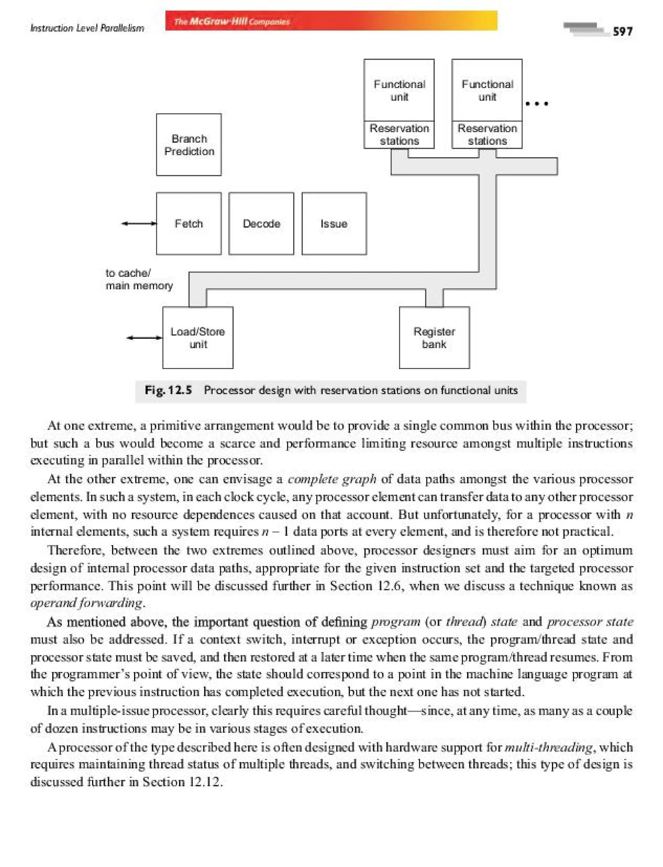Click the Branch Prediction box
189,144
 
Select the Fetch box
189,224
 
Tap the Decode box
261,224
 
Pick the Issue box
334,224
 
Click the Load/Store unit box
198,338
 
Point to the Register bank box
434,338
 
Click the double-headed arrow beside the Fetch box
139,224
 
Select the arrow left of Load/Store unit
144,338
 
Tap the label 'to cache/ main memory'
139,279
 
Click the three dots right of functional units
537,104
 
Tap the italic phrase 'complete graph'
331,479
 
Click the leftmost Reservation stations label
399,135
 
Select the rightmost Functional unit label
487,90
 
